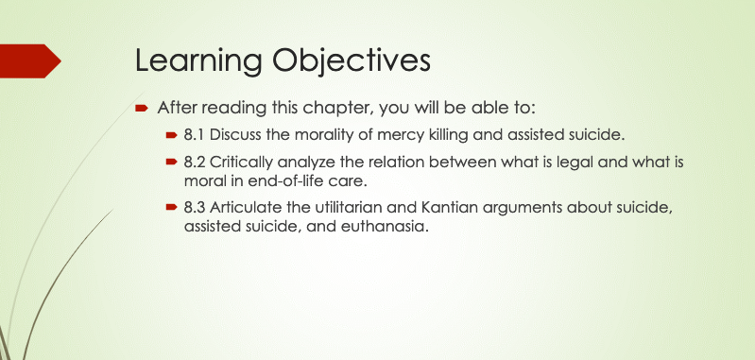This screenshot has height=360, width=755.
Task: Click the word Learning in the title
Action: click(198, 61)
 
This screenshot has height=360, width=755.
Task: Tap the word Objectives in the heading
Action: click(351, 61)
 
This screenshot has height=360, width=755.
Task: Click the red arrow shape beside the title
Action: click(30, 60)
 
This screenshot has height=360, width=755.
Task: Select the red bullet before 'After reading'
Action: click(141, 108)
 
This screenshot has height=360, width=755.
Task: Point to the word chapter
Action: click(337, 108)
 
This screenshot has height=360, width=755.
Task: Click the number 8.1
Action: click(194, 135)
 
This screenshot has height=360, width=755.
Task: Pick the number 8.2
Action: click(195, 162)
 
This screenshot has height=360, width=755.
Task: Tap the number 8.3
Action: click(195, 207)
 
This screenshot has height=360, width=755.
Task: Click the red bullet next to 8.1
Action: click(171, 135)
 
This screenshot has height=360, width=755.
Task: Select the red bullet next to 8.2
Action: click(171, 162)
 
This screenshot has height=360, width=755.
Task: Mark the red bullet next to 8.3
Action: click(171, 207)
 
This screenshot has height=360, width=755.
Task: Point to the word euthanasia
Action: click(385, 226)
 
